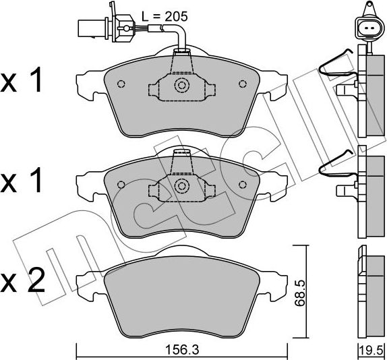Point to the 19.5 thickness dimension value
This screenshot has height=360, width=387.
(369, 349)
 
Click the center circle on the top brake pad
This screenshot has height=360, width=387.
(181, 85)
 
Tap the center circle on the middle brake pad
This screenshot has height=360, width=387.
(181, 185)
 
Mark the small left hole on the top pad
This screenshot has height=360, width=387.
(121, 84)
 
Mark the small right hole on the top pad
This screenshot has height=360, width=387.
(242, 84)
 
